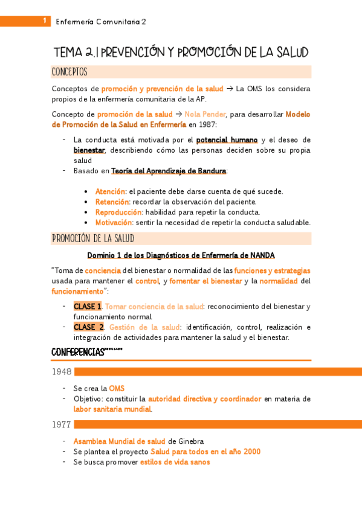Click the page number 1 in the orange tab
[44, 21]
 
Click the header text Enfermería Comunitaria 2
[101, 22]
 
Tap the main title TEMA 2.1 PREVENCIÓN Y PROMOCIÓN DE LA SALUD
[181, 52]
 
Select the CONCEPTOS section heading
[69, 72]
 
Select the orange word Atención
[110, 191]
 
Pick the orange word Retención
[112, 202]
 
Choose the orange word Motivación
[114, 222]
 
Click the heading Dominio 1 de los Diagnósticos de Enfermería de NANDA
[181, 255]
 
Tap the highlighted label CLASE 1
[88, 306]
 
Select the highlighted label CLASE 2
[89, 327]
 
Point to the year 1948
[62, 372]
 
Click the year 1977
[62, 424]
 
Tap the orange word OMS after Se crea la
[117, 388]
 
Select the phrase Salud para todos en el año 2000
[205, 452]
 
